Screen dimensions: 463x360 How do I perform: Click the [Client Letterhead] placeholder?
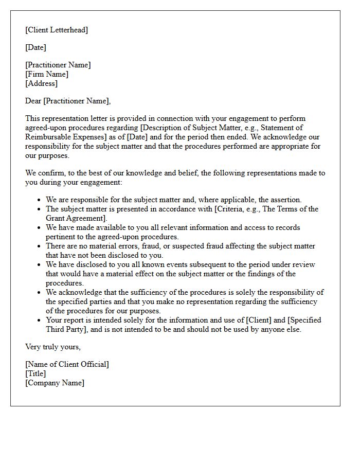coord(57,30)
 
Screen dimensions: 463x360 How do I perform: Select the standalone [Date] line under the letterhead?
coord(35,47)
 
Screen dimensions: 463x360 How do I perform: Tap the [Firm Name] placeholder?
coord(47,74)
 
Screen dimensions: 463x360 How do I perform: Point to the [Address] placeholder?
coord(41,83)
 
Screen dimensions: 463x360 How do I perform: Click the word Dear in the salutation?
coord(33,101)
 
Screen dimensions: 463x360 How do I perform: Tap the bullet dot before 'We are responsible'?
coord(40,200)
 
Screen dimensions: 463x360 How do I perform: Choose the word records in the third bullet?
coord(288,227)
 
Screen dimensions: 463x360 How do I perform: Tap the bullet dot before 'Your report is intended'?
coord(40,320)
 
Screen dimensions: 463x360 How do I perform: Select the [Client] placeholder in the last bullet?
coord(260,320)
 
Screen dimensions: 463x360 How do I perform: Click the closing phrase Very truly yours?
coord(53,347)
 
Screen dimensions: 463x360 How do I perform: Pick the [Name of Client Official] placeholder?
coord(67,364)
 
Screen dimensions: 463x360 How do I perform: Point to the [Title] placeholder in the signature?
coord(35,373)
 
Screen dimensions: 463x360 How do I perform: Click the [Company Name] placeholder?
coord(55,383)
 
